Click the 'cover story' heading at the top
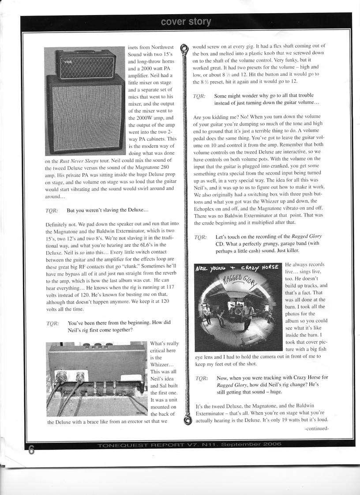(x=186, y=21)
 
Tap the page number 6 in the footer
(x=30, y=450)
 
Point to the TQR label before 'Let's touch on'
(x=200, y=237)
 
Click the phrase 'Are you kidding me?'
(x=215, y=117)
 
